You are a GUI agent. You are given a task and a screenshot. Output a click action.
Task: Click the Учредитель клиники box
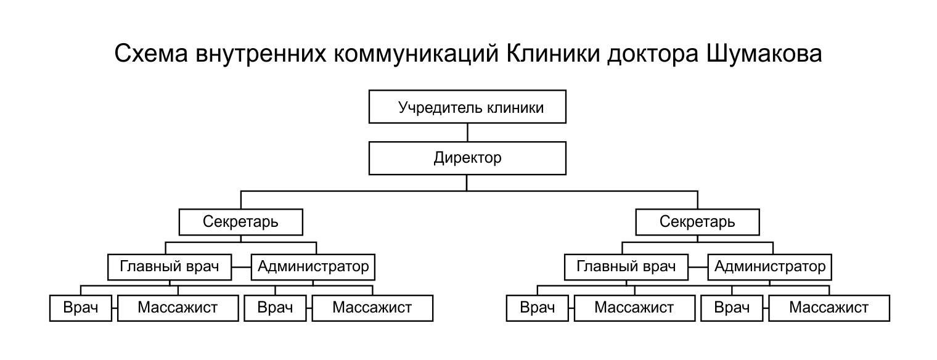(x=467, y=107)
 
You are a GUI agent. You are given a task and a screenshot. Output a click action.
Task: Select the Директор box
(x=467, y=158)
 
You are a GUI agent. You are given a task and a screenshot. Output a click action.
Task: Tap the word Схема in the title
(x=151, y=54)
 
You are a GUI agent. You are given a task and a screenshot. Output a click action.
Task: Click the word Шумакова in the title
(x=764, y=54)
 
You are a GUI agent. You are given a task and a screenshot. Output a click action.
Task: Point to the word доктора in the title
(x=653, y=54)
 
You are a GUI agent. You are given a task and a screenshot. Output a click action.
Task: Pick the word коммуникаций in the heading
(x=416, y=54)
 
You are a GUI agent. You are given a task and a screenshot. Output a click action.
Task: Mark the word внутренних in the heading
(x=261, y=54)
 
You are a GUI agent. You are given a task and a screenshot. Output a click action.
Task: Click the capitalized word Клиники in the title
(x=553, y=54)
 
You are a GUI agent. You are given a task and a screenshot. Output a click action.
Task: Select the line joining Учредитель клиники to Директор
(x=467, y=133)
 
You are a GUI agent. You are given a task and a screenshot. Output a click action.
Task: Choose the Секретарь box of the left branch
(x=240, y=222)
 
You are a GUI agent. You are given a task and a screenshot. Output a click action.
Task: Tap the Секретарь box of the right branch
(x=697, y=222)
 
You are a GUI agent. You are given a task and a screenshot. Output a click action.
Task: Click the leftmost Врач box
(x=81, y=308)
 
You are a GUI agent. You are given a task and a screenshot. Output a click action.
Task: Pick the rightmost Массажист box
(x=829, y=308)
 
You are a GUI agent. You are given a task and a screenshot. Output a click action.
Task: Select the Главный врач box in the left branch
(x=170, y=267)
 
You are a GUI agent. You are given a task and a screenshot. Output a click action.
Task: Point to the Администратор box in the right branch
(x=770, y=267)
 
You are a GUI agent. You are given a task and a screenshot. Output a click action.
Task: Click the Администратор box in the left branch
(x=313, y=267)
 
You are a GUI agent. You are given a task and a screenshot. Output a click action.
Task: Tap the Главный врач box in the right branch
(x=626, y=267)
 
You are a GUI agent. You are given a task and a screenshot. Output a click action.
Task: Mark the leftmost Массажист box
(x=178, y=308)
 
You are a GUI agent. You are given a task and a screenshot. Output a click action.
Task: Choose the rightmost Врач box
(x=732, y=308)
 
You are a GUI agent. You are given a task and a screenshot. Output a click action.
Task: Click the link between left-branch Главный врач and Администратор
(x=242, y=267)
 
